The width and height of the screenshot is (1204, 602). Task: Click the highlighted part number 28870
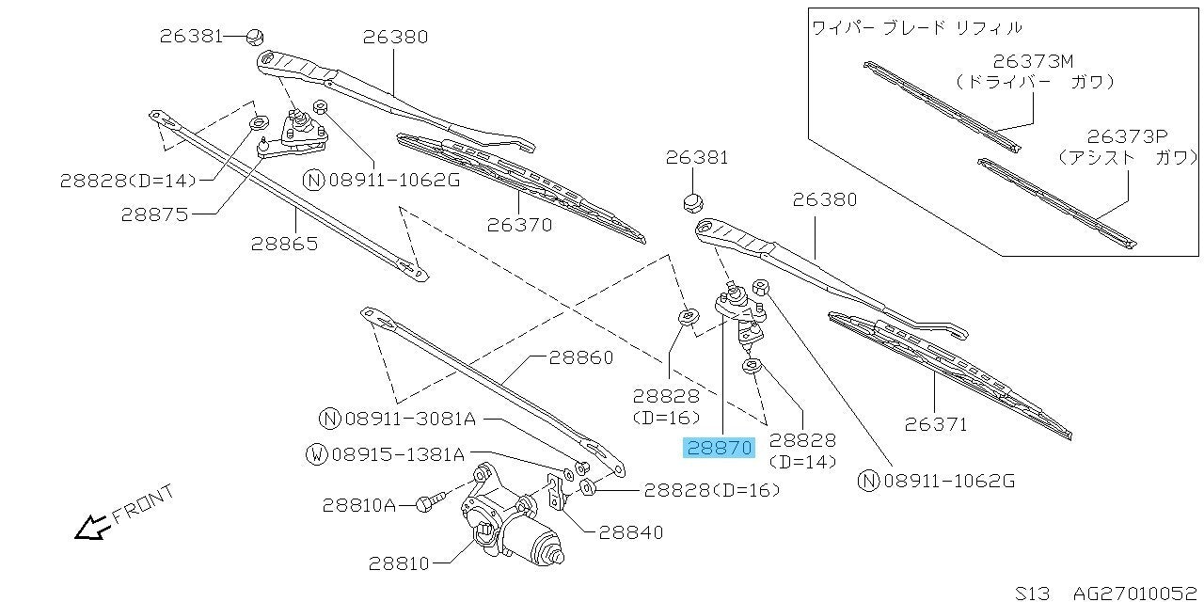click(x=720, y=448)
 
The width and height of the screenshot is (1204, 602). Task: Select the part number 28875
click(x=154, y=214)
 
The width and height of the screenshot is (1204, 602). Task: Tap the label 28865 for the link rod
click(x=284, y=243)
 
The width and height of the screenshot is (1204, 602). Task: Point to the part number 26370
click(x=519, y=225)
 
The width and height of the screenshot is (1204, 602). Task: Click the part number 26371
click(x=935, y=424)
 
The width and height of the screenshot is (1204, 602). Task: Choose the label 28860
click(x=580, y=357)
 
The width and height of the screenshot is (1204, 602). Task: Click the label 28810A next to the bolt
click(x=359, y=505)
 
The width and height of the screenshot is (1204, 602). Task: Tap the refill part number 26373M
click(x=1033, y=61)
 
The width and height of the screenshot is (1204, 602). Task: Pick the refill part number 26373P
click(x=1127, y=136)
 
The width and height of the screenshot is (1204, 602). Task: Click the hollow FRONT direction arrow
click(x=91, y=529)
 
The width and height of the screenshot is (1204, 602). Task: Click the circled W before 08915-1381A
click(x=317, y=455)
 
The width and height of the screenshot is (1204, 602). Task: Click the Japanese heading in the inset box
click(x=916, y=28)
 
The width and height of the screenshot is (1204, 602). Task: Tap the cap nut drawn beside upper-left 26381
click(x=254, y=38)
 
